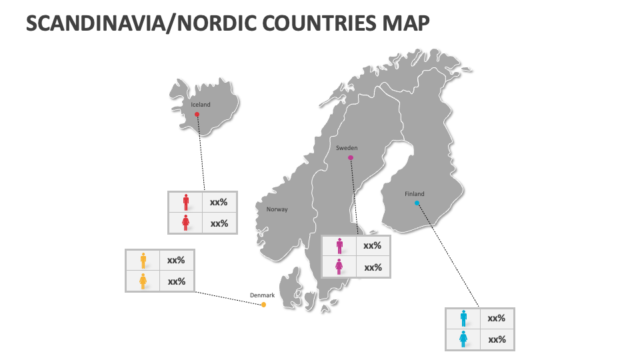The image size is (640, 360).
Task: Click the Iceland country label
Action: click(201, 105)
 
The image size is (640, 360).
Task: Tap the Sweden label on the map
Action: click(347, 148)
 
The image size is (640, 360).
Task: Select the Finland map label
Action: click(414, 194)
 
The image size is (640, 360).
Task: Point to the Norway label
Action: click(277, 209)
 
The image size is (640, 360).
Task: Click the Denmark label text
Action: click(262, 295)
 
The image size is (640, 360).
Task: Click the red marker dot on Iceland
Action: click(197, 115)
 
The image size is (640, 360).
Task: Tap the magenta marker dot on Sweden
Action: click(351, 158)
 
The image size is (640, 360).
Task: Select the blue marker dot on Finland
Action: click(417, 203)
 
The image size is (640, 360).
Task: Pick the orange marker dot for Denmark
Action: click(264, 305)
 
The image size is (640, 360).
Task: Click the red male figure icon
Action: click(185, 202)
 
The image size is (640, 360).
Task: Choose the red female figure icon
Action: click(185, 223)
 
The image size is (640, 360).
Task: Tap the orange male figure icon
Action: click(143, 260)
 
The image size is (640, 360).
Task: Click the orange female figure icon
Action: click(143, 281)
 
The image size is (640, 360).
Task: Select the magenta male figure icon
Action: click(339, 246)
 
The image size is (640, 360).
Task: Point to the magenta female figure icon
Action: click(339, 267)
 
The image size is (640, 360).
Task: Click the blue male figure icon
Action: click(463, 319)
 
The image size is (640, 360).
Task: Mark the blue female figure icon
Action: click(463, 339)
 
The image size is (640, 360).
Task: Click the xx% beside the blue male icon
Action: click(497, 319)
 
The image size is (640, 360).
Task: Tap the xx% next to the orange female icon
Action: click(177, 281)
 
